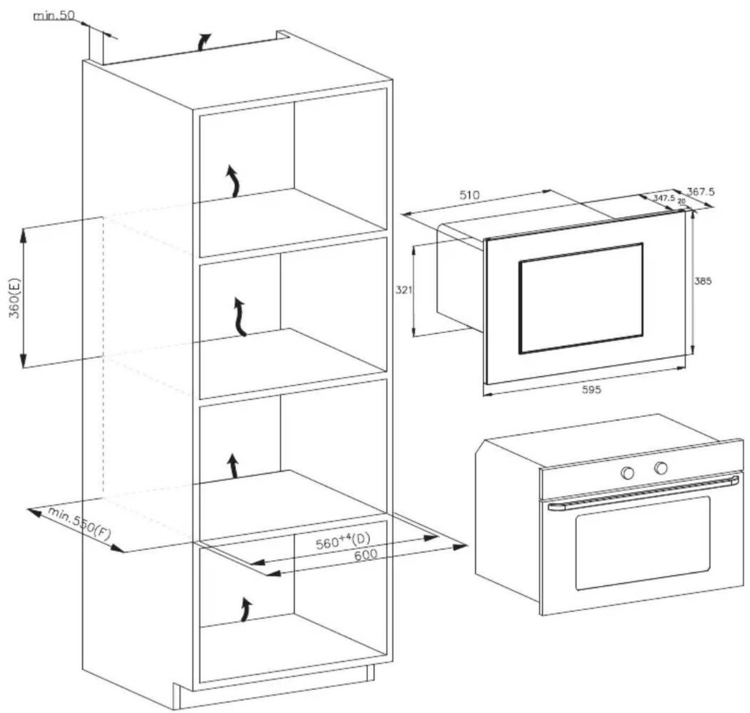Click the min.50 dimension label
click(54, 15)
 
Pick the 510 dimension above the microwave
click(469, 195)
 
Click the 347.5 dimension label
click(664, 197)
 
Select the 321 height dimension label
click(403, 291)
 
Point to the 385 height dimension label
click(702, 281)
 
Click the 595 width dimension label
click(591, 389)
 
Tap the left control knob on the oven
click(628, 473)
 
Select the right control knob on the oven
click(661, 468)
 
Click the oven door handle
click(643, 493)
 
